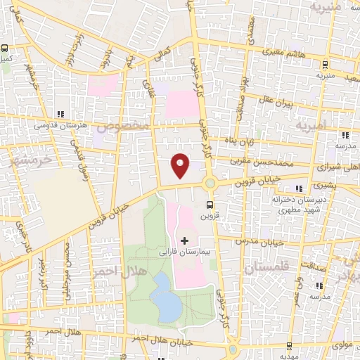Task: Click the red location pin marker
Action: click(x=181, y=166)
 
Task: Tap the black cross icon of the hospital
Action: click(x=185, y=240)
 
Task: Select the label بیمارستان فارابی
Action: click(x=185, y=251)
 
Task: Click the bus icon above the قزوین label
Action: click(x=208, y=205)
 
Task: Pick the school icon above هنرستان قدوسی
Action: click(x=60, y=113)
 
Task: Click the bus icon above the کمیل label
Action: click(x=4, y=49)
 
